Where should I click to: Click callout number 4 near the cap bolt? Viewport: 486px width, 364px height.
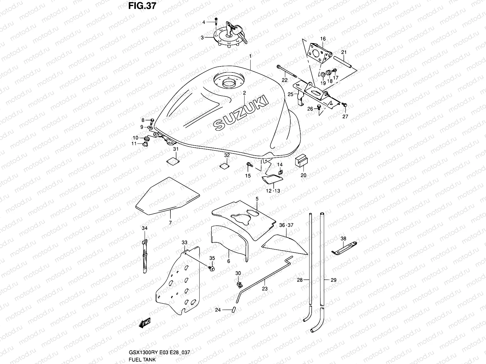[x=204, y=22]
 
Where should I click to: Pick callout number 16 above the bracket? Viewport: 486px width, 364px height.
[x=323, y=39]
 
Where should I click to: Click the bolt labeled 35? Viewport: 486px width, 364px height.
[x=212, y=268]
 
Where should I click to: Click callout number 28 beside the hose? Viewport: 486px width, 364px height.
[x=300, y=280]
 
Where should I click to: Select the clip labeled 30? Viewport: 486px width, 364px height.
[x=239, y=284]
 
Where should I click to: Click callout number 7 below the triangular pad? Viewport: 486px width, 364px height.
[x=170, y=223]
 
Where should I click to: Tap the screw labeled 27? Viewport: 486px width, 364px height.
[x=344, y=105]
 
